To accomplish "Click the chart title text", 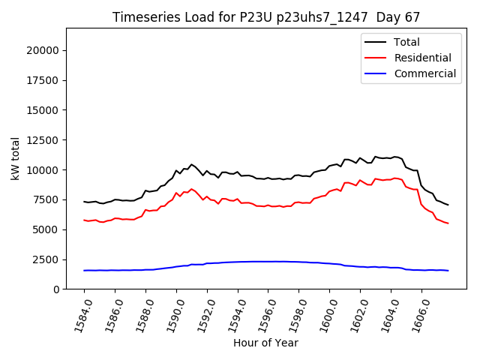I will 266,16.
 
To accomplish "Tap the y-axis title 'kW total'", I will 16,158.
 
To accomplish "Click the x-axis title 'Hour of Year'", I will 265,343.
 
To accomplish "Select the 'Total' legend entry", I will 406,42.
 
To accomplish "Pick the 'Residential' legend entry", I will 422,58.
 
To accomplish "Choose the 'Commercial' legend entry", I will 424,73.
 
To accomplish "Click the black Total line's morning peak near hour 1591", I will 191,164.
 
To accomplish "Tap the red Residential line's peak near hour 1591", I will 191,189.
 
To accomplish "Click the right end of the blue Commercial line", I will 448,271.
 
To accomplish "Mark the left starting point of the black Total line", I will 84,201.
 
